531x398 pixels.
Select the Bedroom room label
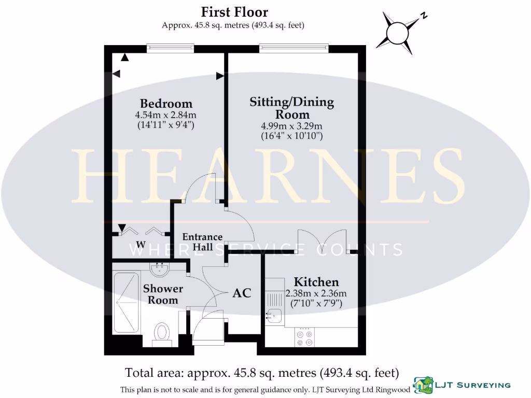[x=166, y=103]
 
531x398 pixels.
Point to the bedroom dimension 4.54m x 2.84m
[x=166, y=115]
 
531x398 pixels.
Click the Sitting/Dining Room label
[x=292, y=107]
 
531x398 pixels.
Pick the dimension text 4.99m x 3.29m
[x=292, y=126]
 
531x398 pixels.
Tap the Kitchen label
[x=316, y=282]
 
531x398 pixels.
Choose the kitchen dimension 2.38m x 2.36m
[x=316, y=293]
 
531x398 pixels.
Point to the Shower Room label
[x=163, y=294]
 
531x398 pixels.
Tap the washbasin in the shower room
[x=159, y=268]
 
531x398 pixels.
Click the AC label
[x=242, y=293]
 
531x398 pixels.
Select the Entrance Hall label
[x=202, y=242]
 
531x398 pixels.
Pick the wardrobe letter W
[x=140, y=244]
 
